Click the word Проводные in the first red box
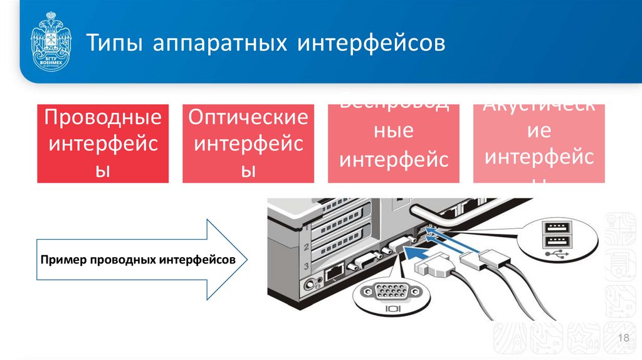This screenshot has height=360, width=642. click(103, 117)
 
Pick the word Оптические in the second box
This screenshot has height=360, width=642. click(248, 117)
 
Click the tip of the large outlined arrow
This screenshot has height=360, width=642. click(246, 259)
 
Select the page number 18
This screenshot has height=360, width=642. click(623, 339)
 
